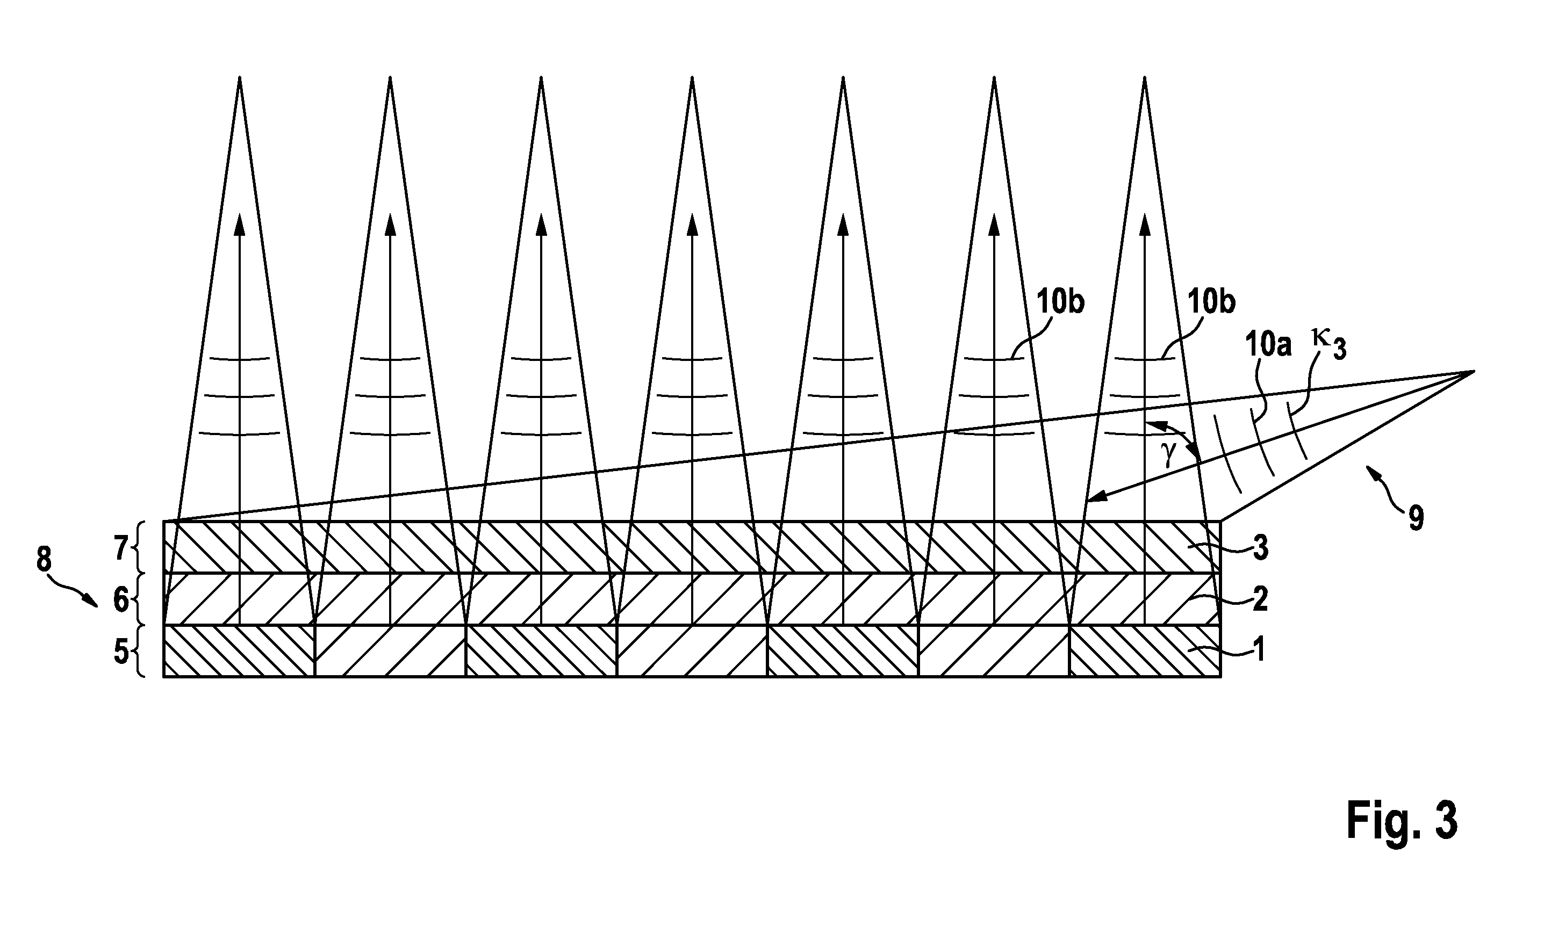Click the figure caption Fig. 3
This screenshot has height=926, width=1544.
pos(1401,821)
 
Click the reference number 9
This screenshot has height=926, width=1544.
pos(1416,517)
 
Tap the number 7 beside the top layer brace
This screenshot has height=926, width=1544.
pos(121,548)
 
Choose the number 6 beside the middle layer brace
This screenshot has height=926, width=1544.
pos(121,599)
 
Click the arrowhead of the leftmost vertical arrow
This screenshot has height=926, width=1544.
pos(239,223)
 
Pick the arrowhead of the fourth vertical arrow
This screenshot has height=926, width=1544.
pos(692,223)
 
